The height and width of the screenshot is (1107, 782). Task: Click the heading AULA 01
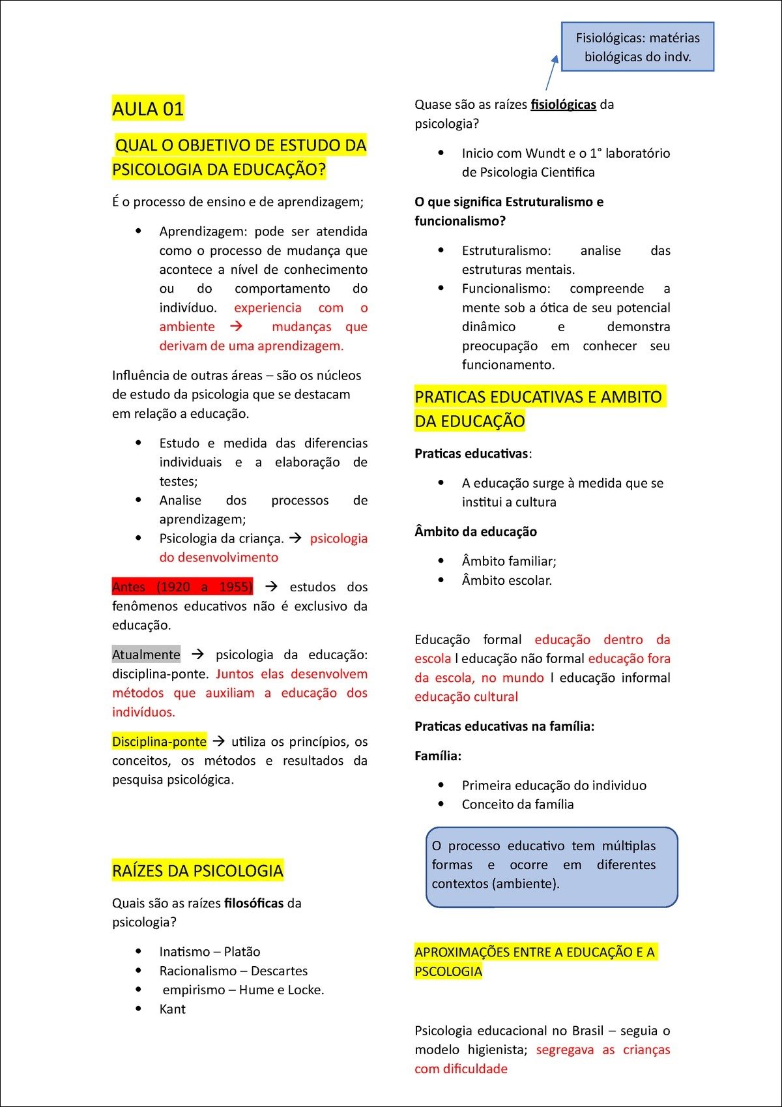[148, 108]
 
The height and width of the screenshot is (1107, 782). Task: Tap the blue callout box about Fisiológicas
[637, 47]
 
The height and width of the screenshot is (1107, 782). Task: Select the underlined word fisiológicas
[563, 104]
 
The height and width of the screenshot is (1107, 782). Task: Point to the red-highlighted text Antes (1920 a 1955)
[182, 587]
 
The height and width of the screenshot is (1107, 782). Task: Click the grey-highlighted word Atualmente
[146, 655]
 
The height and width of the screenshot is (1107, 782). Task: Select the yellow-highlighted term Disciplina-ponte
[159, 741]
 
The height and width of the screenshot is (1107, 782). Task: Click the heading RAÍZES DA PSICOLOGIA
[197, 870]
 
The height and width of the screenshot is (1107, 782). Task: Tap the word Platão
[242, 952]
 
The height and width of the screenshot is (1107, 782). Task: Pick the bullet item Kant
[173, 1009]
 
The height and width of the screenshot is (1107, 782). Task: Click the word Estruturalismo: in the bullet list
[506, 251]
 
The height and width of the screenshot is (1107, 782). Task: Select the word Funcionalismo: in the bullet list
[506, 289]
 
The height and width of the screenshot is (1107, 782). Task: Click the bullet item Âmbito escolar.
[506, 580]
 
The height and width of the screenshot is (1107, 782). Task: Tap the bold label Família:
[438, 756]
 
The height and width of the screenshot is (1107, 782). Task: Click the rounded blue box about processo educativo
[551, 866]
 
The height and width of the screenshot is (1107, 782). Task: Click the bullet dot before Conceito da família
[441, 804]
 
